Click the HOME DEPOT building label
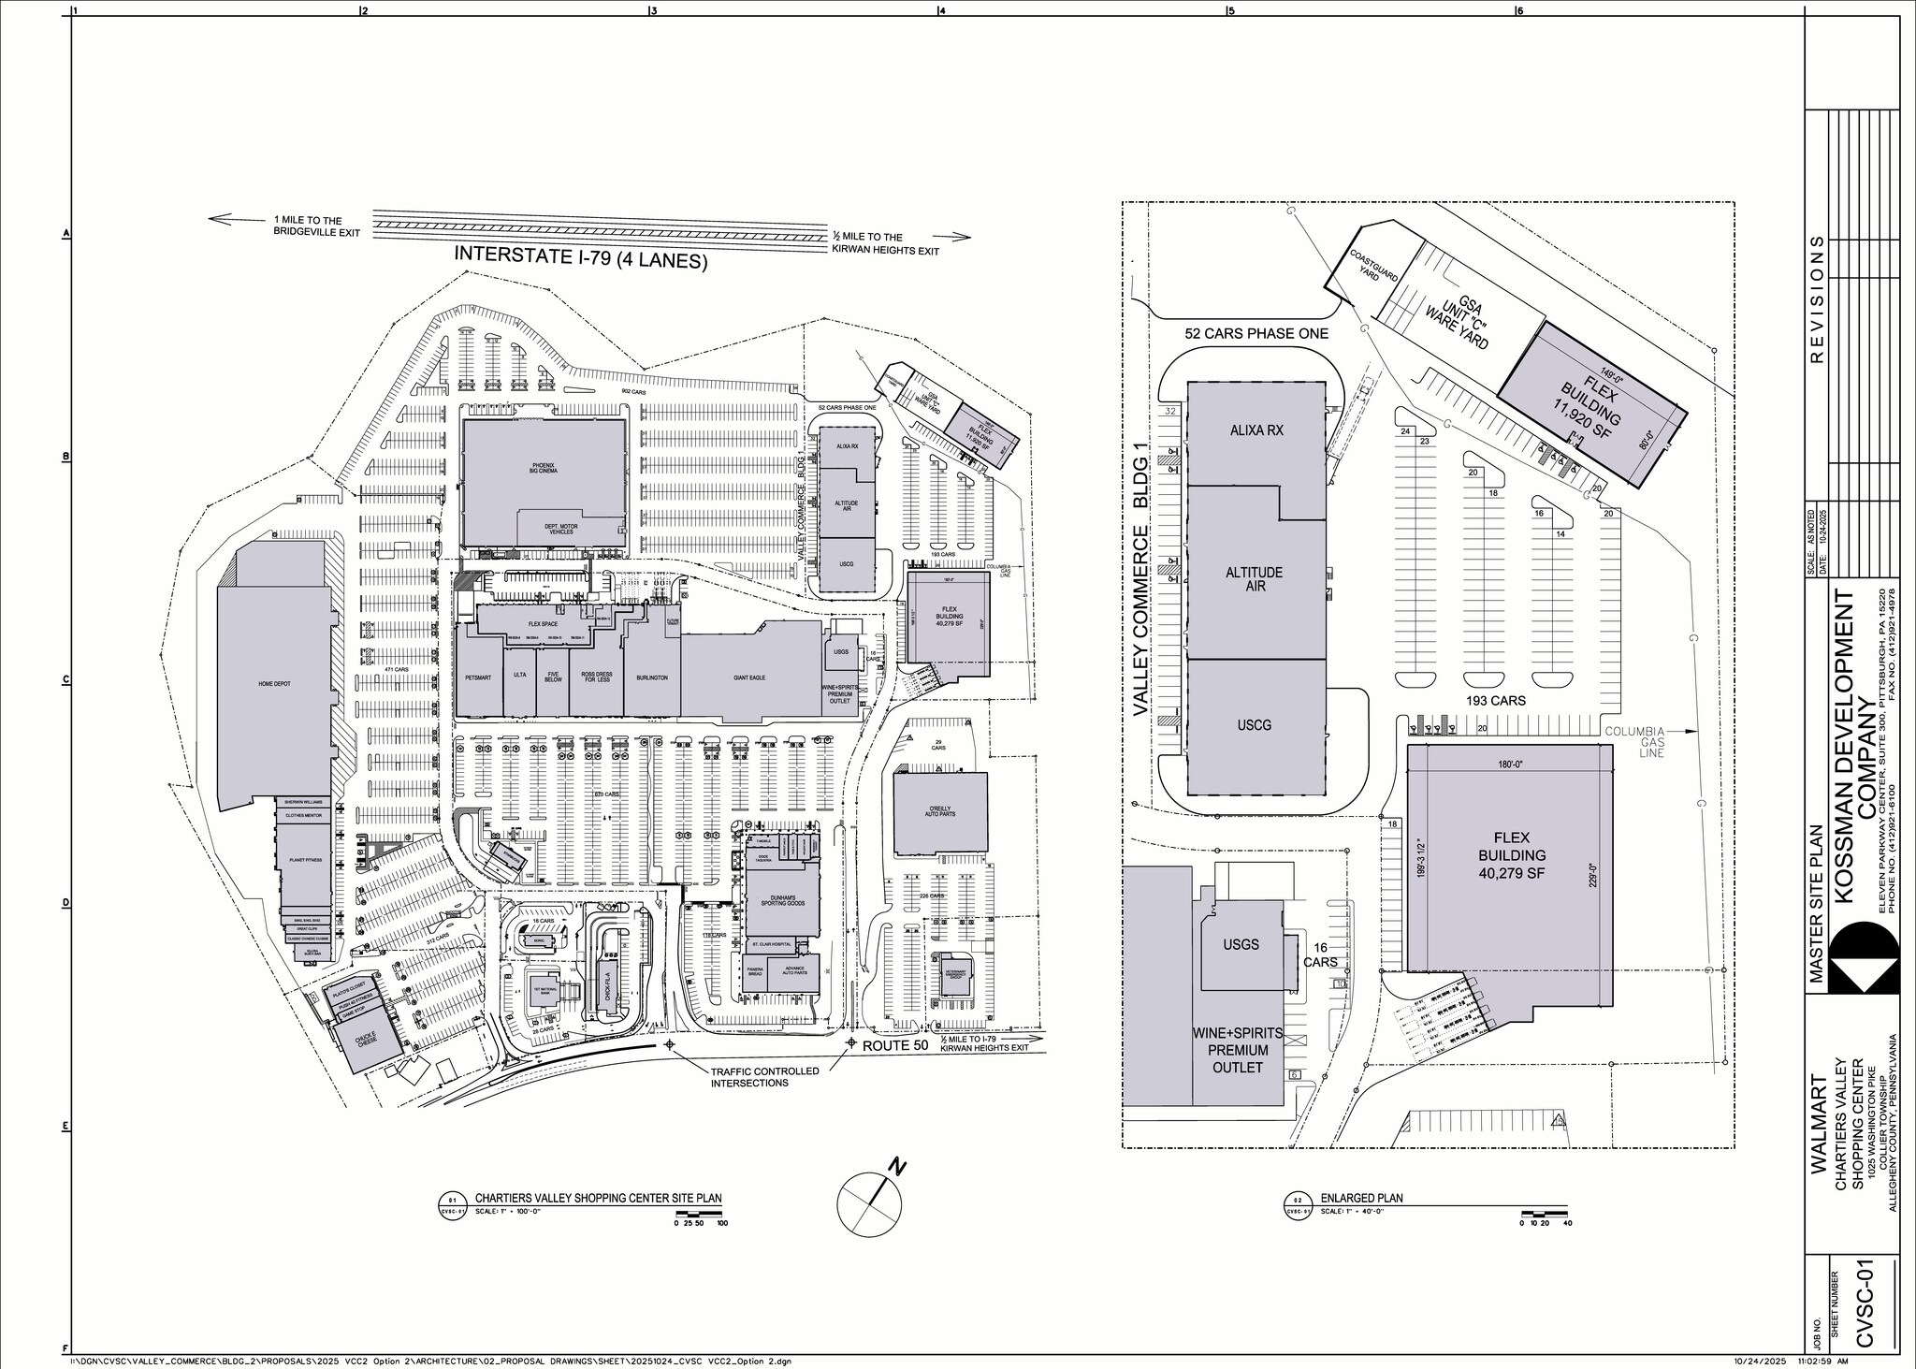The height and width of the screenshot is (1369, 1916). tap(274, 684)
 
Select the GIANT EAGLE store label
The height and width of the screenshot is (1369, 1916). tap(749, 677)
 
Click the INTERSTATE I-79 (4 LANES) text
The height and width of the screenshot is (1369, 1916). tap(580, 257)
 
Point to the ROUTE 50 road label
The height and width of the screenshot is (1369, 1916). tap(895, 1046)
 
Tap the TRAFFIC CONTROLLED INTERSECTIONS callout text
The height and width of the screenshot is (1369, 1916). tap(764, 1076)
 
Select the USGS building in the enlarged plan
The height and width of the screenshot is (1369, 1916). tap(1241, 945)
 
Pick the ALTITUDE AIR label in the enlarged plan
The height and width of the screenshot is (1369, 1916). tap(1254, 578)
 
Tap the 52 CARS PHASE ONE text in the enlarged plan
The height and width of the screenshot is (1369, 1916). tap(1256, 333)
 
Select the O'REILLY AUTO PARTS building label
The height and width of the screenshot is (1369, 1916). tap(940, 812)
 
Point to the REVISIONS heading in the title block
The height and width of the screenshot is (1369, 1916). tap(1818, 297)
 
